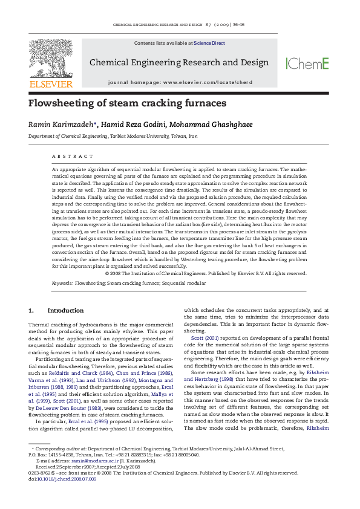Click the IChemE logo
coord(307,63)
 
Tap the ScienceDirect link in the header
coord(209,44)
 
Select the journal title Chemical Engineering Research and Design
coord(179,62)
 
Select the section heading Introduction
coord(65,311)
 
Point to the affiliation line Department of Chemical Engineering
coord(113,137)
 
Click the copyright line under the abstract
coord(206,273)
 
